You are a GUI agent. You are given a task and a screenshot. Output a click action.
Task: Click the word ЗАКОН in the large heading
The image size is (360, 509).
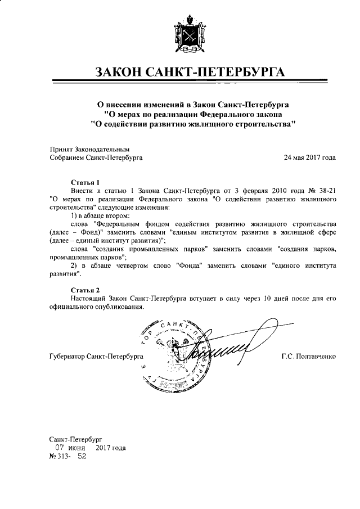pos(121,73)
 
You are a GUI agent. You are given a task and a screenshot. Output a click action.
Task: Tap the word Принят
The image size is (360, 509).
pos(62,149)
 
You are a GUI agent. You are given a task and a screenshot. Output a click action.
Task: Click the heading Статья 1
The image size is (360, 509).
pos(85,183)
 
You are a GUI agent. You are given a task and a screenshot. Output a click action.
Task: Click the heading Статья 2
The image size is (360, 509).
pos(85,290)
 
